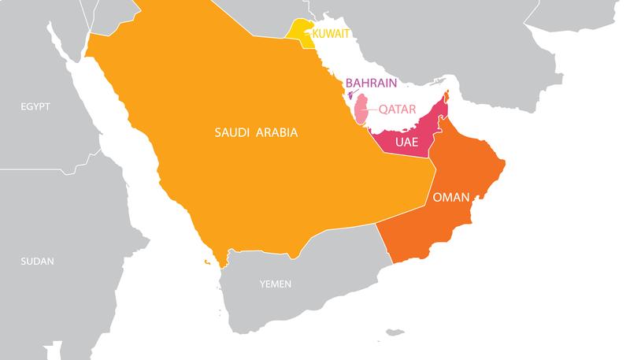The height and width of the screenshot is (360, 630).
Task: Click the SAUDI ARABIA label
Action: [x=256, y=133]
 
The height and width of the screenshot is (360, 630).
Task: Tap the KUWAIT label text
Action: [x=331, y=34]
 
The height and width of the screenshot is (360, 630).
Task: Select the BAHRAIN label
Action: [x=370, y=82]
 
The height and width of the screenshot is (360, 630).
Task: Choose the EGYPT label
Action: [x=35, y=106]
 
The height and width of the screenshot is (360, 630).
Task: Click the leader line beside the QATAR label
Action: [x=372, y=109]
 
